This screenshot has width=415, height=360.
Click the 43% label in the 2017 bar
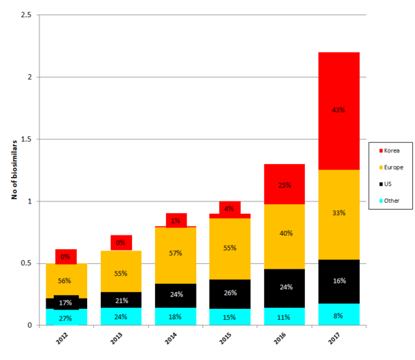pyautogui.click(x=338, y=109)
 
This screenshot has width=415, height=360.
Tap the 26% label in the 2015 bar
pyautogui.click(x=230, y=293)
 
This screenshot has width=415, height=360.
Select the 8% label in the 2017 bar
pyautogui.click(x=338, y=316)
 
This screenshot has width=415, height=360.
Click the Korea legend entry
pyautogui.click(x=392, y=150)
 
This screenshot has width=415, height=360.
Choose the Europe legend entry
pyautogui.click(x=394, y=168)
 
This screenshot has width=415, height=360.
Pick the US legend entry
pyautogui.click(x=389, y=185)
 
